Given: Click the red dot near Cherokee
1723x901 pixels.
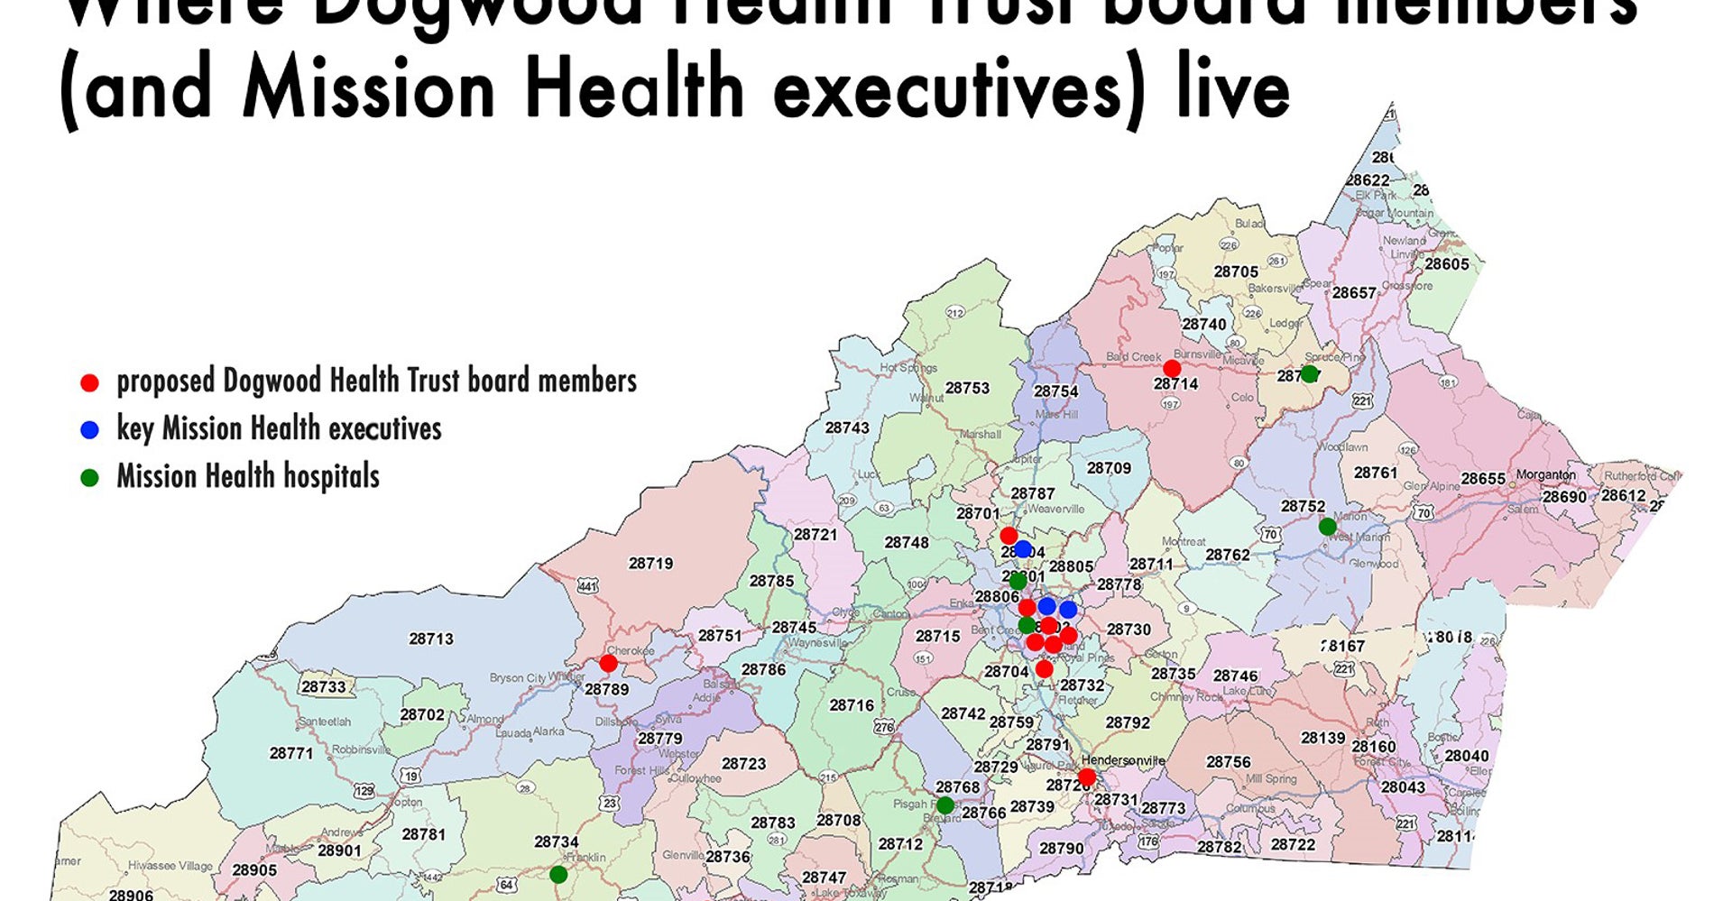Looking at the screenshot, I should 608,664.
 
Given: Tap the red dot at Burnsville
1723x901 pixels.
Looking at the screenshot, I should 1172,368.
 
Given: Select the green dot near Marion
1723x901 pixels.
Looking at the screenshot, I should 1327,527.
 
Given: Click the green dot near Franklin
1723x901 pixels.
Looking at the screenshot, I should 558,874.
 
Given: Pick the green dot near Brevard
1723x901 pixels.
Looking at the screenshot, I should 944,804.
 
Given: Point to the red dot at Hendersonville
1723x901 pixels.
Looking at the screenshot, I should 1087,777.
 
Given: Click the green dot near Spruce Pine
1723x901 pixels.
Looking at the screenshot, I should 1309,373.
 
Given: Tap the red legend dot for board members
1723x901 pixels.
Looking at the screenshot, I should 89,383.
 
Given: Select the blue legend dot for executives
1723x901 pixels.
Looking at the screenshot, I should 89,430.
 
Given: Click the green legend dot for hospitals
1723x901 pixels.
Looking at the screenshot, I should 89,478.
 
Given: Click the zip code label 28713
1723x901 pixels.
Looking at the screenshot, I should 431,639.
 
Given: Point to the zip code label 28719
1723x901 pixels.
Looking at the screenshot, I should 650,564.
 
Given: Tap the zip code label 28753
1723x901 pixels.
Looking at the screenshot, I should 967,388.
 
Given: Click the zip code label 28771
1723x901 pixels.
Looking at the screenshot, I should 291,753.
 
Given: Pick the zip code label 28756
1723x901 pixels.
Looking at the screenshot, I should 1229,762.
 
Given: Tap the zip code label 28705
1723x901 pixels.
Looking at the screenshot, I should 1236,271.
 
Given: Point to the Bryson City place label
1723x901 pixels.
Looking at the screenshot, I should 518,677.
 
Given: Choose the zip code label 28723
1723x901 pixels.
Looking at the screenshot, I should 743,764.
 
